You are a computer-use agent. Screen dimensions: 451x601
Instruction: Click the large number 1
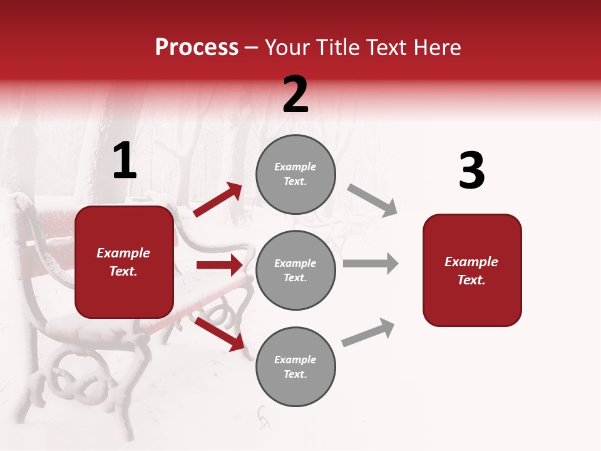(125, 161)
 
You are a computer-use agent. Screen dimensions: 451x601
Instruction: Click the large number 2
(295, 95)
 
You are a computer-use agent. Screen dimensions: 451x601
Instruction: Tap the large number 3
(471, 170)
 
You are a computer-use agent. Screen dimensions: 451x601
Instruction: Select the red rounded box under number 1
(124, 262)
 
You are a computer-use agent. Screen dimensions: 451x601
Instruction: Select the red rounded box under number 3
(472, 270)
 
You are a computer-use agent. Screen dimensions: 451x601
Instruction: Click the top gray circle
(295, 174)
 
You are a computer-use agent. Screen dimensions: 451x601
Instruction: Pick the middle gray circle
(295, 270)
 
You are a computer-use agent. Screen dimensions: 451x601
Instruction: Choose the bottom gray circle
(295, 366)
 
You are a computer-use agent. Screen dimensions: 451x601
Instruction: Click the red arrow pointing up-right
(218, 200)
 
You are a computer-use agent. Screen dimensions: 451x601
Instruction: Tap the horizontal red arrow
(219, 265)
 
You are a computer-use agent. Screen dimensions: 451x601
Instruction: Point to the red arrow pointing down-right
(219, 333)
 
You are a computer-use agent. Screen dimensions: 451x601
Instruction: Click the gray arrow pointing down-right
(372, 200)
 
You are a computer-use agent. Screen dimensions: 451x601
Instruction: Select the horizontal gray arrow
(370, 263)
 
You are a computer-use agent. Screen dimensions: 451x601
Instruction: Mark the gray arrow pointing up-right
(368, 332)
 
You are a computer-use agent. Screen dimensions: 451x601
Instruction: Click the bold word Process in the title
(197, 48)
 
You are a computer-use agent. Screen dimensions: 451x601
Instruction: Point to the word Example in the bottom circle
(295, 360)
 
